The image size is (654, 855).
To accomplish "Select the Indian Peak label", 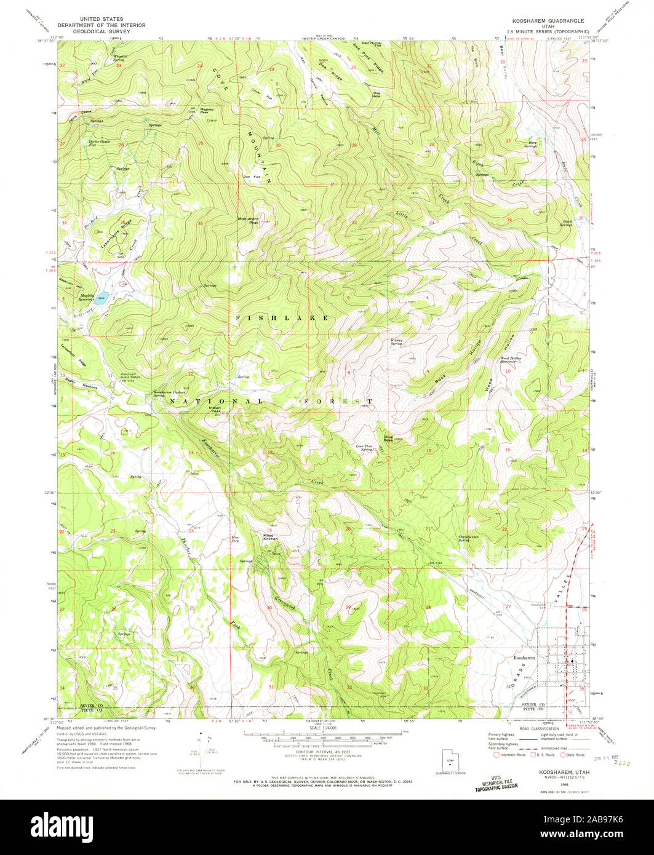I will [215, 409].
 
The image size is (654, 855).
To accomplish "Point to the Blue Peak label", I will [389, 437].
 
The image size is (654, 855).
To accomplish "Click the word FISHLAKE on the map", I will [282, 317].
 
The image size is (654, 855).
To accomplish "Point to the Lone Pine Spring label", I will [365, 448].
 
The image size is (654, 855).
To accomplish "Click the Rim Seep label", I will [234, 538].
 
